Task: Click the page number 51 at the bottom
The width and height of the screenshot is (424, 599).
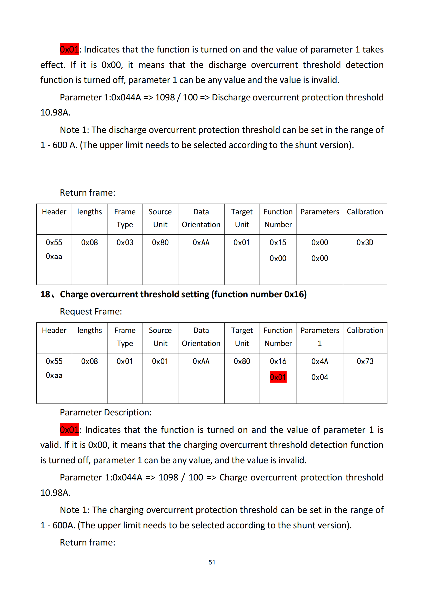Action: pyautogui.click(x=212, y=562)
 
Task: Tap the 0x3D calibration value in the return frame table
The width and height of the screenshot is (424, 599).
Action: pyautogui.click(x=365, y=242)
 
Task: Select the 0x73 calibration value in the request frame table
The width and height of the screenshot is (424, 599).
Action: pyautogui.click(x=365, y=361)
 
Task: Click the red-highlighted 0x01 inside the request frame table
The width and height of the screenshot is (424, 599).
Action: pyautogui.click(x=278, y=377)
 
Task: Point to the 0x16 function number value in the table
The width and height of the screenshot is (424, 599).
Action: pyautogui.click(x=278, y=361)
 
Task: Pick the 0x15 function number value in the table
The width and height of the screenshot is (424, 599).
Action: pyautogui.click(x=278, y=242)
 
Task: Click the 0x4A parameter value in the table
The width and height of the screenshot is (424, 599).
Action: pyautogui.click(x=320, y=361)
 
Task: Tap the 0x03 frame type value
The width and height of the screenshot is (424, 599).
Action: pyautogui.click(x=125, y=242)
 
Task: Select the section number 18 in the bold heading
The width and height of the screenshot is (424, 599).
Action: pyautogui.click(x=45, y=294)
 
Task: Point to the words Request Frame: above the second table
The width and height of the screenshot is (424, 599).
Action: pyautogui.click(x=91, y=311)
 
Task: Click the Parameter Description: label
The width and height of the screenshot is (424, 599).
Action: pyautogui.click(x=106, y=412)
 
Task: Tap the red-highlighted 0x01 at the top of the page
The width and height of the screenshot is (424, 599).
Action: pyautogui.click(x=69, y=49)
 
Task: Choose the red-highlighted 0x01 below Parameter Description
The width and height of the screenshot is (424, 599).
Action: pyautogui.click(x=69, y=430)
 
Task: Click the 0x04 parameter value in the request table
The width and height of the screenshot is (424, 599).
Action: pyautogui.click(x=320, y=377)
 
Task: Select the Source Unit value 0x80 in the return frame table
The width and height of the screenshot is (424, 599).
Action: pyautogui.click(x=160, y=242)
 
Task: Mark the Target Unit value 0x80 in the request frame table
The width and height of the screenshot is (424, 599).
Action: pyautogui.click(x=242, y=361)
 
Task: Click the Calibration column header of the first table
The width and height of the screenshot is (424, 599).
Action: pyautogui.click(x=365, y=212)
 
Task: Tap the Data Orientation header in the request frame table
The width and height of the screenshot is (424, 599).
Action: pyautogui.click(x=201, y=337)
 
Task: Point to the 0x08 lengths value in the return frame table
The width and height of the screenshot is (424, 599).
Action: pyautogui.click(x=89, y=242)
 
